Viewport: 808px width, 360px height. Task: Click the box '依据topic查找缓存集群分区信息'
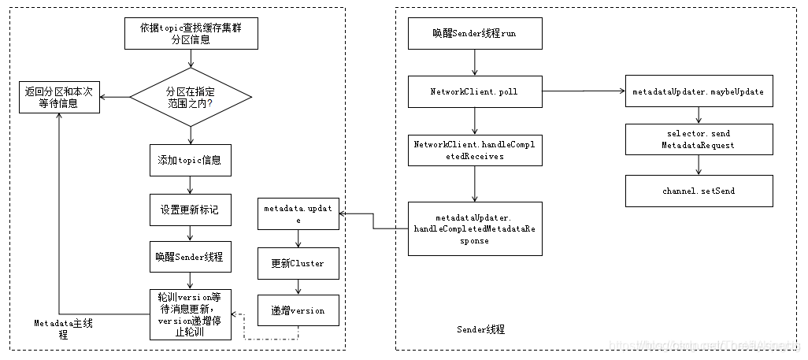pyautogui.click(x=191, y=32)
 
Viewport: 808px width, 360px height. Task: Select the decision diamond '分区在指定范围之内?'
pyautogui.click(x=191, y=97)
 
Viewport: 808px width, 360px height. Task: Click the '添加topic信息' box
pyautogui.click(x=190, y=160)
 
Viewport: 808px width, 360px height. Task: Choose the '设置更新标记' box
pyautogui.click(x=190, y=209)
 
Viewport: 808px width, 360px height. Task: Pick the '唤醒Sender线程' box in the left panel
pyautogui.click(x=190, y=257)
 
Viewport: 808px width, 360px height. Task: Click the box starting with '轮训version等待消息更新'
pyautogui.click(x=190, y=315)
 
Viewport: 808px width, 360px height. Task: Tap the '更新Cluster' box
pyautogui.click(x=298, y=263)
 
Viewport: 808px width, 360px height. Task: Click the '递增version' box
pyautogui.click(x=298, y=310)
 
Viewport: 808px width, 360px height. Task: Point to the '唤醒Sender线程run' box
pyautogui.click(x=475, y=34)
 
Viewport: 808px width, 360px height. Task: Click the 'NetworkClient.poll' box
pyautogui.click(x=475, y=91)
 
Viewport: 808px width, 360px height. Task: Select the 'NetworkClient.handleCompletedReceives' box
pyautogui.click(x=475, y=149)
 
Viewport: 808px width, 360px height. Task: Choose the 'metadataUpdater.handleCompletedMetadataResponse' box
pyautogui.click(x=475, y=228)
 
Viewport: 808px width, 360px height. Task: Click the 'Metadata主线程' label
pyautogui.click(x=63, y=328)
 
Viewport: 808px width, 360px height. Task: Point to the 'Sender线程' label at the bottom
pyautogui.click(x=480, y=328)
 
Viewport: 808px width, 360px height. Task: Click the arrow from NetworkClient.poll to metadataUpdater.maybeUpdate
pyautogui.click(x=583, y=91)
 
